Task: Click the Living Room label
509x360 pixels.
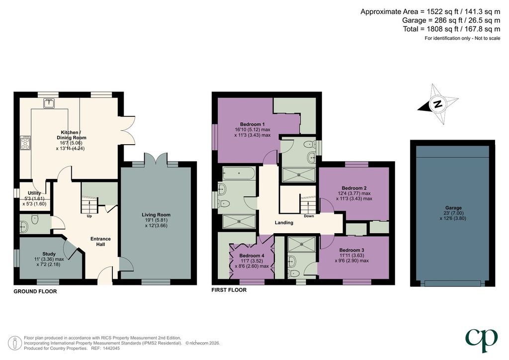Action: [156, 215]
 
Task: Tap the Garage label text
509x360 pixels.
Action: [453, 208]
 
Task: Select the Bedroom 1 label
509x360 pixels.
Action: [252, 124]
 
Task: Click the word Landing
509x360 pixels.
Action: [284, 223]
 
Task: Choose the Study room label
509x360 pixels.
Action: [49, 254]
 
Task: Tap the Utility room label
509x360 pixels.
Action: [34, 193]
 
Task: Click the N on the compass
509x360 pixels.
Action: [437, 104]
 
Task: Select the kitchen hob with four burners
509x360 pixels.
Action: [25, 143]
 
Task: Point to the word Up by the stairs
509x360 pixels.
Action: [89, 216]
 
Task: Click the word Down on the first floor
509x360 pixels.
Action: [309, 216]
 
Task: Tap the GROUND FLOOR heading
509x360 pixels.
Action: [35, 291]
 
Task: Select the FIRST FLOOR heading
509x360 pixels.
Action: [229, 290]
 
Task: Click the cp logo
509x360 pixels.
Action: [482, 340]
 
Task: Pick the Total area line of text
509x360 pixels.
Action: [451, 29]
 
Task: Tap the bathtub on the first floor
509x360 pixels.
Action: [239, 173]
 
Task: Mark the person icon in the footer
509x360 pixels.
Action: [14, 343]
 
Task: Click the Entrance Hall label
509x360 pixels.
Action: [100, 241]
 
